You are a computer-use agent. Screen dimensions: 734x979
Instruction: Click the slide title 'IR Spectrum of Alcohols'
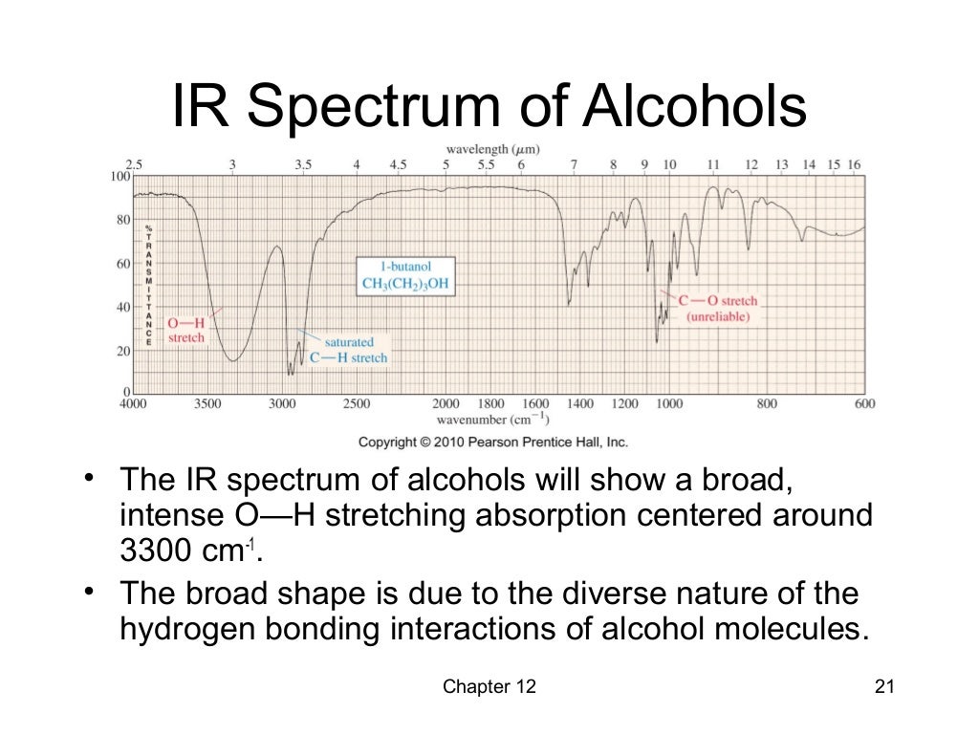click(x=489, y=107)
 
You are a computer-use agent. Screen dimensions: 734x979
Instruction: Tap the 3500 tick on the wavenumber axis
click(x=207, y=404)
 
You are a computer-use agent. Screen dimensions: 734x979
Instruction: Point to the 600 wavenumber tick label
click(x=864, y=404)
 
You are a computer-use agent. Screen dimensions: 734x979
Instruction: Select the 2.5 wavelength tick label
click(x=134, y=164)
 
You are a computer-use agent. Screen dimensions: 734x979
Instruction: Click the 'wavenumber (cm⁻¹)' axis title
click(x=492, y=420)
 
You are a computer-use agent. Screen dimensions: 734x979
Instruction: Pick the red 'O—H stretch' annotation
click(x=186, y=330)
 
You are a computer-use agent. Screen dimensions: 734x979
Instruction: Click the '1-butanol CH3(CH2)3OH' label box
click(x=404, y=275)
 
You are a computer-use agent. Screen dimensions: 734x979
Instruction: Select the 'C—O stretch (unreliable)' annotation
click(x=718, y=308)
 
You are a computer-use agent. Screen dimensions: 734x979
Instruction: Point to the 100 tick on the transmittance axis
click(x=120, y=177)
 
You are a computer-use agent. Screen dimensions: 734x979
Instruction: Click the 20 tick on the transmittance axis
click(x=123, y=351)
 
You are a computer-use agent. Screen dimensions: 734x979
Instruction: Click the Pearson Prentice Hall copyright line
click(x=492, y=443)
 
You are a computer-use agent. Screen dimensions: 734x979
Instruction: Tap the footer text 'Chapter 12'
click(x=490, y=687)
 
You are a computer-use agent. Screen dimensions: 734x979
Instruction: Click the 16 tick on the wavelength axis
click(x=854, y=164)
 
